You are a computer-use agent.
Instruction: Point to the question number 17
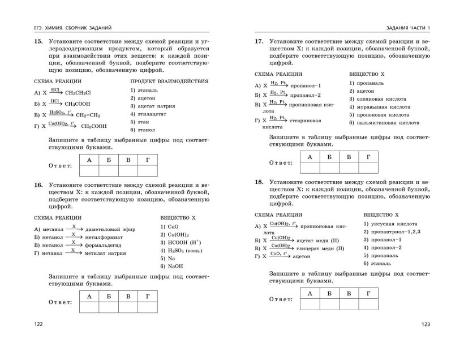pyautogui.click(x=259, y=42)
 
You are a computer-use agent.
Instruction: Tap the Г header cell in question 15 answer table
pyautogui.click(x=148, y=161)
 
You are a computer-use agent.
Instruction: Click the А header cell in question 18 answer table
pyautogui.click(x=310, y=293)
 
